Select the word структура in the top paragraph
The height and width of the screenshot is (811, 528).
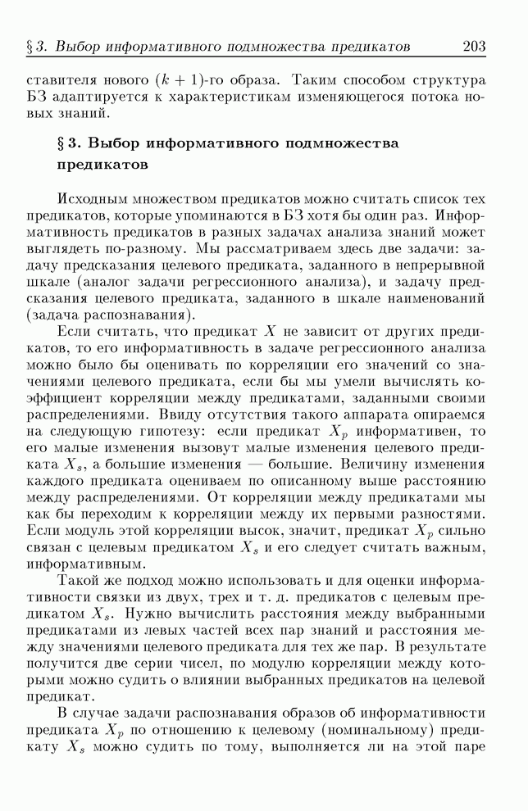[x=447, y=83]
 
